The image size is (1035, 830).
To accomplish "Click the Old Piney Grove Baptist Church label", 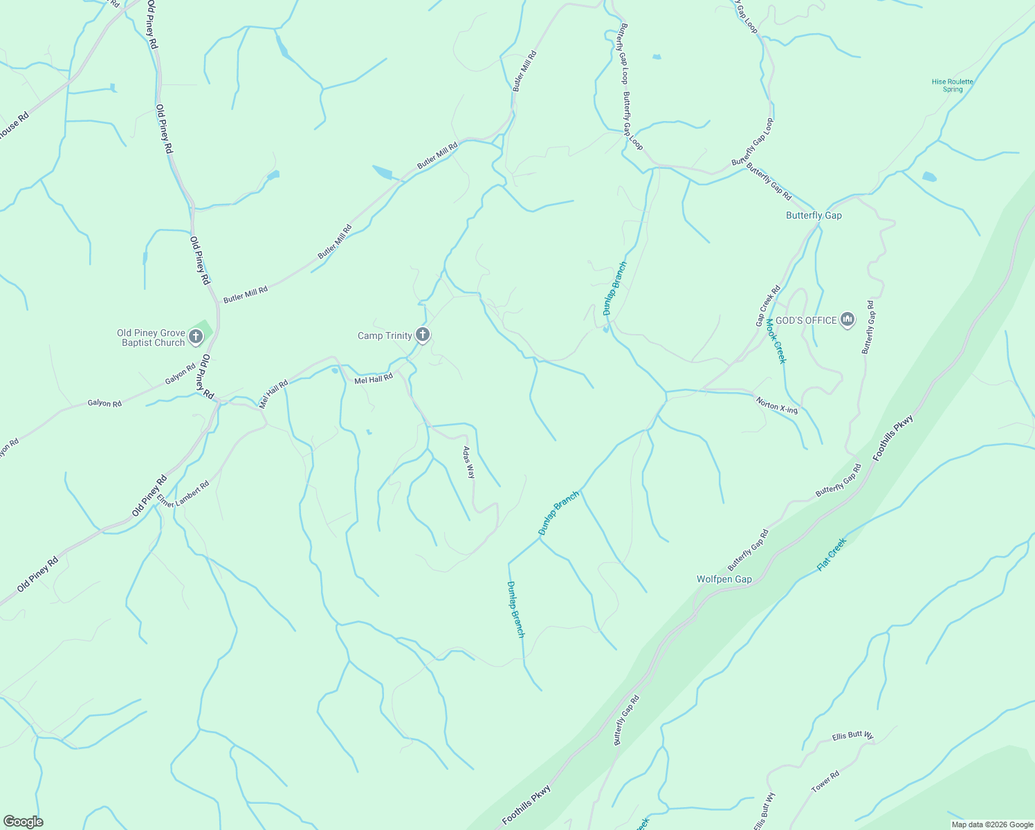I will click(x=151, y=338).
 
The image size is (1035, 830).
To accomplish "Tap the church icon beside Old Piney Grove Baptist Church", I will click(x=196, y=337).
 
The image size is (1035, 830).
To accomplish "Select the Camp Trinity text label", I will click(x=385, y=336).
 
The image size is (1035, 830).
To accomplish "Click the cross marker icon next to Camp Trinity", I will click(x=422, y=335).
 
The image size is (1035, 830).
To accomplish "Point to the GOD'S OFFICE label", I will click(x=806, y=320).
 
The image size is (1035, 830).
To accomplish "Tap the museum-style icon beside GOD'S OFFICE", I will click(x=848, y=320).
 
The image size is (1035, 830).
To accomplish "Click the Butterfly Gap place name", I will click(x=814, y=216).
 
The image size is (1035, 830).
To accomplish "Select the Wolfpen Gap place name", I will click(x=724, y=580).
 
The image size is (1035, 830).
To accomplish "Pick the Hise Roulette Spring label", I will click(x=952, y=85).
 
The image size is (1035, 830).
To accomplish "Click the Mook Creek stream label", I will click(x=776, y=342).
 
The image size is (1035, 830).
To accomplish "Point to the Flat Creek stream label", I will click(x=832, y=554).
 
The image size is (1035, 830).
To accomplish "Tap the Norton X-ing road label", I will click(x=776, y=405).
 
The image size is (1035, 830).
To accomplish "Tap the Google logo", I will click(x=23, y=822).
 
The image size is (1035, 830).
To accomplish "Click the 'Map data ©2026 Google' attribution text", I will click(x=991, y=824).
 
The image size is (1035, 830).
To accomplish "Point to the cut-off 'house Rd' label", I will click(x=14, y=125).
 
